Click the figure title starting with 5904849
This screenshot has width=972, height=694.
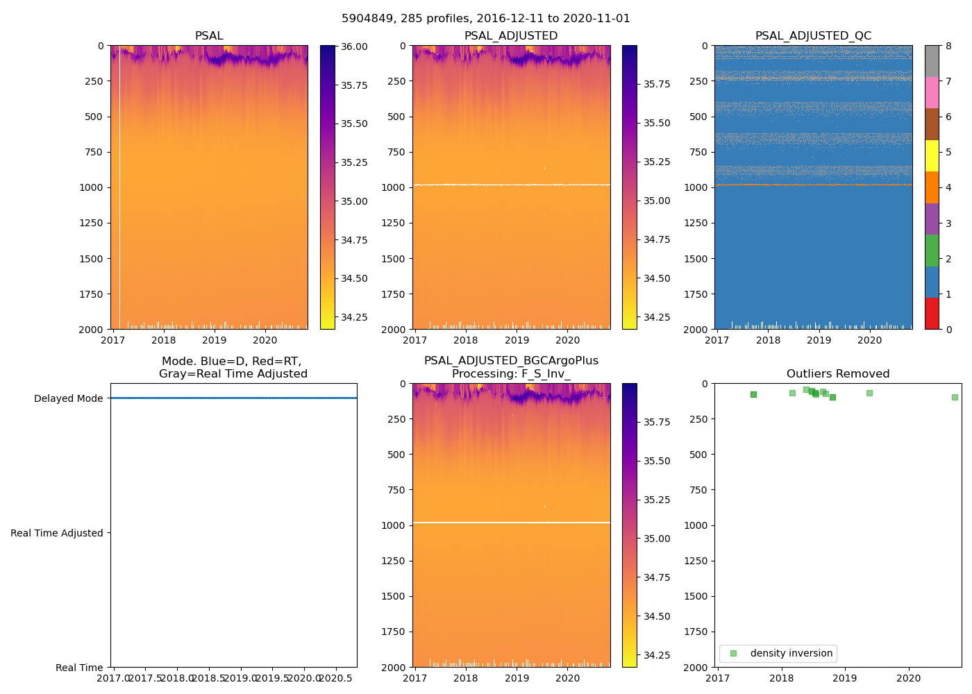(486, 19)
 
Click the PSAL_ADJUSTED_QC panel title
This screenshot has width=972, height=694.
(813, 36)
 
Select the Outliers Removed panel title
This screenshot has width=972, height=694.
(838, 374)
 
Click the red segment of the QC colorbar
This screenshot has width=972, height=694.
(932, 313)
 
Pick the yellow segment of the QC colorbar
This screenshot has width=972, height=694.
(932, 155)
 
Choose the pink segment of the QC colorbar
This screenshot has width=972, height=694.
(932, 92)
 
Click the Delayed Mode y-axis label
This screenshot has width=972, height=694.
(68, 398)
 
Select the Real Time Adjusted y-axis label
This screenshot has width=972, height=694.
(57, 533)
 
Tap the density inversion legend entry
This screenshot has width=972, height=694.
(791, 654)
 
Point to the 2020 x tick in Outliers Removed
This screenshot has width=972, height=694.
(909, 678)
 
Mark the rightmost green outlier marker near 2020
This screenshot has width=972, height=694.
(955, 397)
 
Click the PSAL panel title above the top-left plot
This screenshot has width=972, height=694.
(209, 36)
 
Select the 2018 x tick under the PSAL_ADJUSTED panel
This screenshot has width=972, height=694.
(466, 340)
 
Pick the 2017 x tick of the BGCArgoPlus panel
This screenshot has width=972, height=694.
(415, 678)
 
